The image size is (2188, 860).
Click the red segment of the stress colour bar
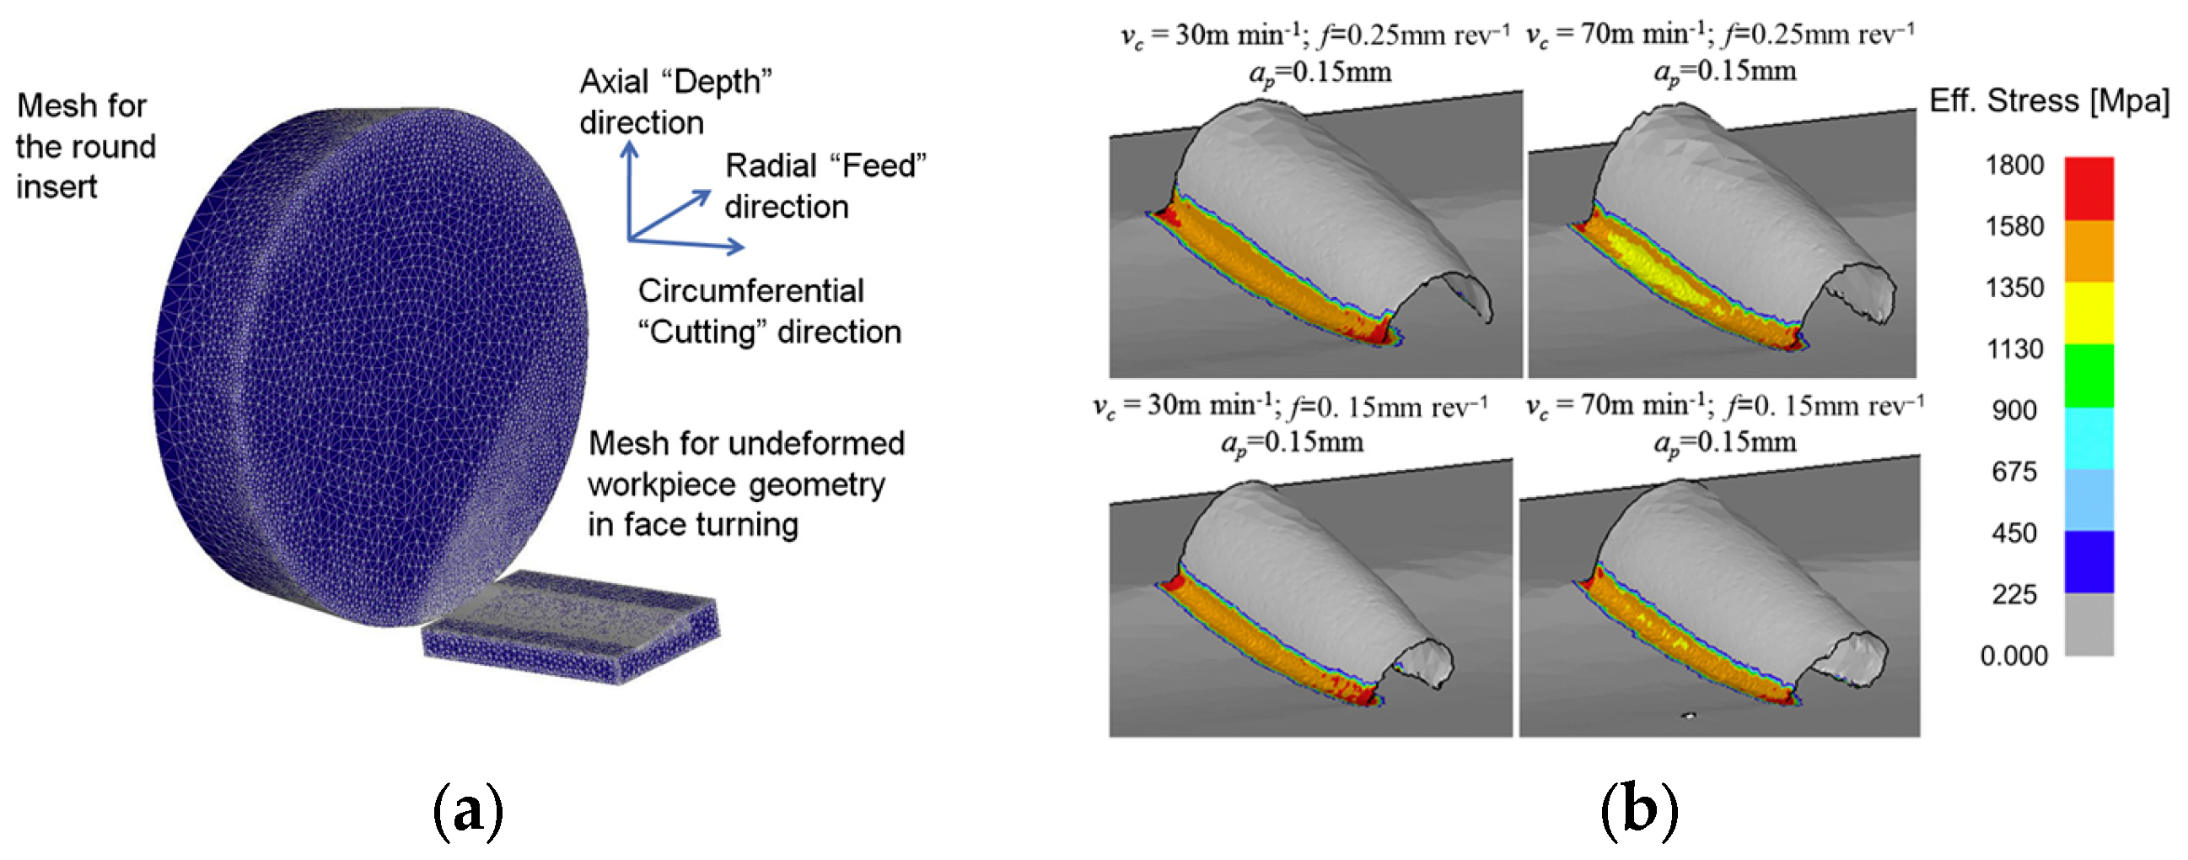tap(2089, 189)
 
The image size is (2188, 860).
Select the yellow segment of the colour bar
tap(2089, 313)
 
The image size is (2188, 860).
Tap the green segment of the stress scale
tap(2089, 375)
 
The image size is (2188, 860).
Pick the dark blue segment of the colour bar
tap(2089, 562)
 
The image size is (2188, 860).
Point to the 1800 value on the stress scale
tap(2013, 165)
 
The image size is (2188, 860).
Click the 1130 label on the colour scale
tap(2014, 349)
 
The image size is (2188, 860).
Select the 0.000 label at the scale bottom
tap(2013, 656)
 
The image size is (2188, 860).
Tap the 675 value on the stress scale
tap(2014, 472)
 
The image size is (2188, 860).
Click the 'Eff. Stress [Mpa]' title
tap(2049, 101)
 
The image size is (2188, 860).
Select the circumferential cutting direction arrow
tap(688, 244)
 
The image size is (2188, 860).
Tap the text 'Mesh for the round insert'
tap(85, 146)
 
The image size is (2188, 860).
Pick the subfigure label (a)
tap(468, 813)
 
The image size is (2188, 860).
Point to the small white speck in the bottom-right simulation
tap(1690, 716)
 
